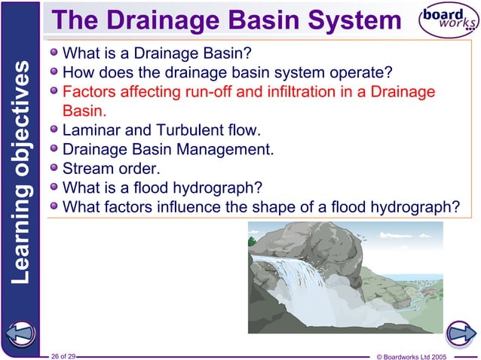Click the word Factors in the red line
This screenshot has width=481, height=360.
pos(89,93)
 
